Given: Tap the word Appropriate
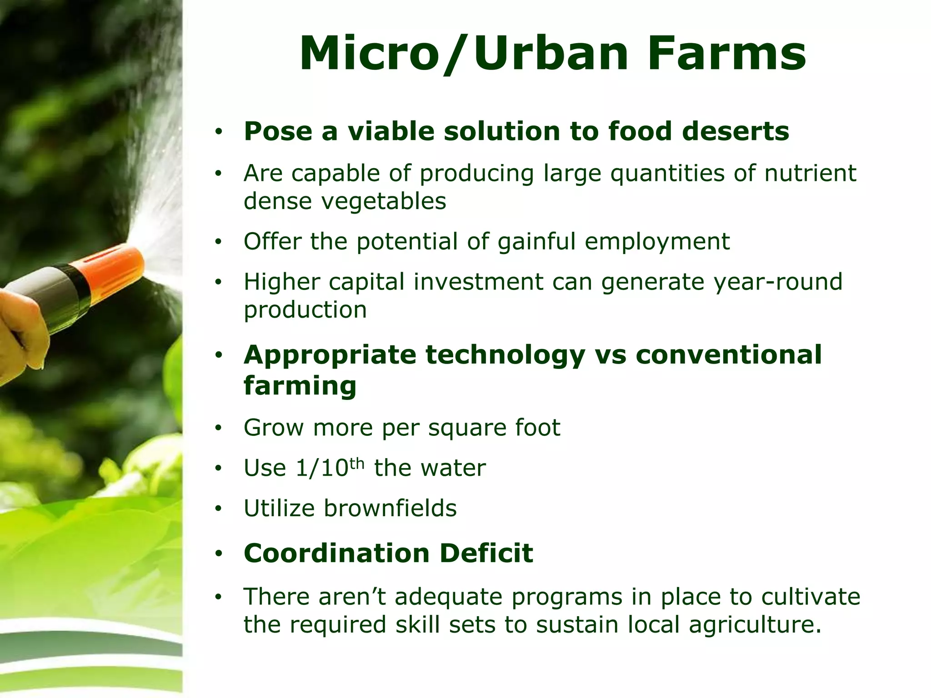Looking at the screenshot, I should coord(330,355).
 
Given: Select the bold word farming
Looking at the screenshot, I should coord(300,386).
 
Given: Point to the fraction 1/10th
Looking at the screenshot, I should coord(330,467).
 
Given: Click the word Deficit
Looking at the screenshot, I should coord(486,553).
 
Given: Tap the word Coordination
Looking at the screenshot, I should coord(336,553).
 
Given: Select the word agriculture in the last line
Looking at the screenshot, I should coord(755,624).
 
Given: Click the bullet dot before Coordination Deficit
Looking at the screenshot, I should coord(219,553).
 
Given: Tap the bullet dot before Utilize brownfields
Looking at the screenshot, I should coord(219,509).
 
